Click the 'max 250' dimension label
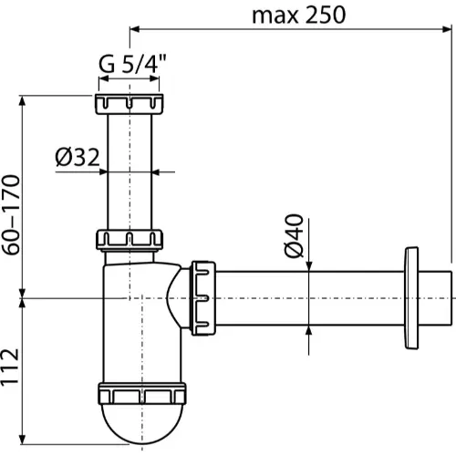pos(298,16)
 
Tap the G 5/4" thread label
pos(132,64)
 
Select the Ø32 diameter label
pos(78,157)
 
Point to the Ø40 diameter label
pos(294,235)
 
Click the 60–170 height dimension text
pos(11,214)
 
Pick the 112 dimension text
pos(10,368)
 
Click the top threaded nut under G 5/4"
pos(130,104)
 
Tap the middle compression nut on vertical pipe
pos(130,240)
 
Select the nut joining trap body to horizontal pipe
pos(203,298)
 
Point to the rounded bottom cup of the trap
pos(142,422)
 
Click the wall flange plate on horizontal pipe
pos(411,298)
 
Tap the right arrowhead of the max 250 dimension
pos(447,29)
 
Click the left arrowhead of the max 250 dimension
pos(135,29)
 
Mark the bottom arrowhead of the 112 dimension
pos(22,440)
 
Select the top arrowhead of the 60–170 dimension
pos(22,100)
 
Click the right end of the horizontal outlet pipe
pos(451,298)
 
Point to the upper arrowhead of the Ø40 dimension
pos(309,265)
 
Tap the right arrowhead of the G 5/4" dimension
pos(154,78)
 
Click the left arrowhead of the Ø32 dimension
pos(103,172)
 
